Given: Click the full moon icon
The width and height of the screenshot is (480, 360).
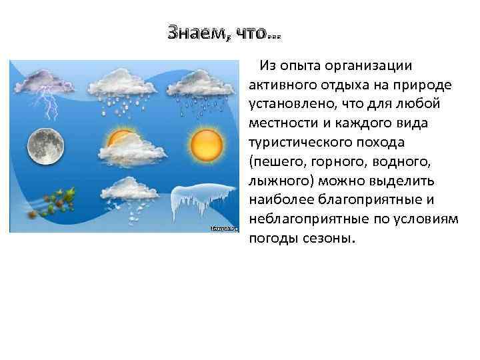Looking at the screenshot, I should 46,143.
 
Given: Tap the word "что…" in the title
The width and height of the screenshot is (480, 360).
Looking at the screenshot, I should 257,32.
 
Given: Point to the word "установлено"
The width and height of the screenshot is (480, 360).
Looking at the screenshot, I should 289,104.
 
